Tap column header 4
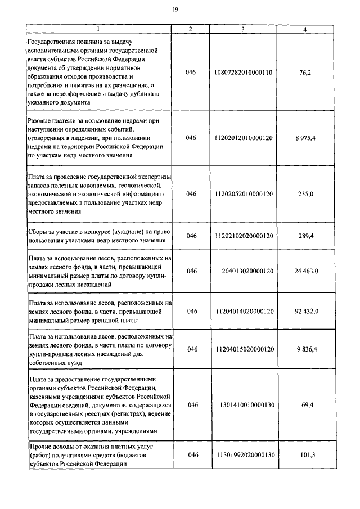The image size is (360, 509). tap(305, 29)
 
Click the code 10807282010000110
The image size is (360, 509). tap(244, 73)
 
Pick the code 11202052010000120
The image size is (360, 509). tap(244, 194)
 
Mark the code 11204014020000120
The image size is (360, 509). tap(244, 311)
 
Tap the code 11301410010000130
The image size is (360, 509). tap(244, 404)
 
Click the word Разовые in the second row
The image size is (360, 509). tap(42, 121)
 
